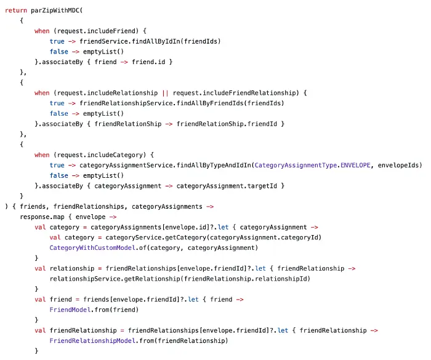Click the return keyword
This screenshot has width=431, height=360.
16,10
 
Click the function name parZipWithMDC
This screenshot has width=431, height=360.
55,10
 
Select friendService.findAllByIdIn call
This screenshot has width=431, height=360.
130,41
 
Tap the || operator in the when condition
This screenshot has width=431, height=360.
165,93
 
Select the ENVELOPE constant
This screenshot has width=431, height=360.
355,166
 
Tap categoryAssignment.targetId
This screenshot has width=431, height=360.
227,186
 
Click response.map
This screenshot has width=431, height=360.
42,217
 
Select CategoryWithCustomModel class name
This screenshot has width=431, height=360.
92,248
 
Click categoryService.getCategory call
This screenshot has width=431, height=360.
156,238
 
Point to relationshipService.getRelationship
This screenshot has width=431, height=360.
115,279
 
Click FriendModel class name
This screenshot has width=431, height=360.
70,310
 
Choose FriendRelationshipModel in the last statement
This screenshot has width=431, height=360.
92,341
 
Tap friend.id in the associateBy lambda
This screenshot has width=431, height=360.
148,62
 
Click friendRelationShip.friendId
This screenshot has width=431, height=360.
227,124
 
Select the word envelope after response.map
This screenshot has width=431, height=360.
91,217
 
